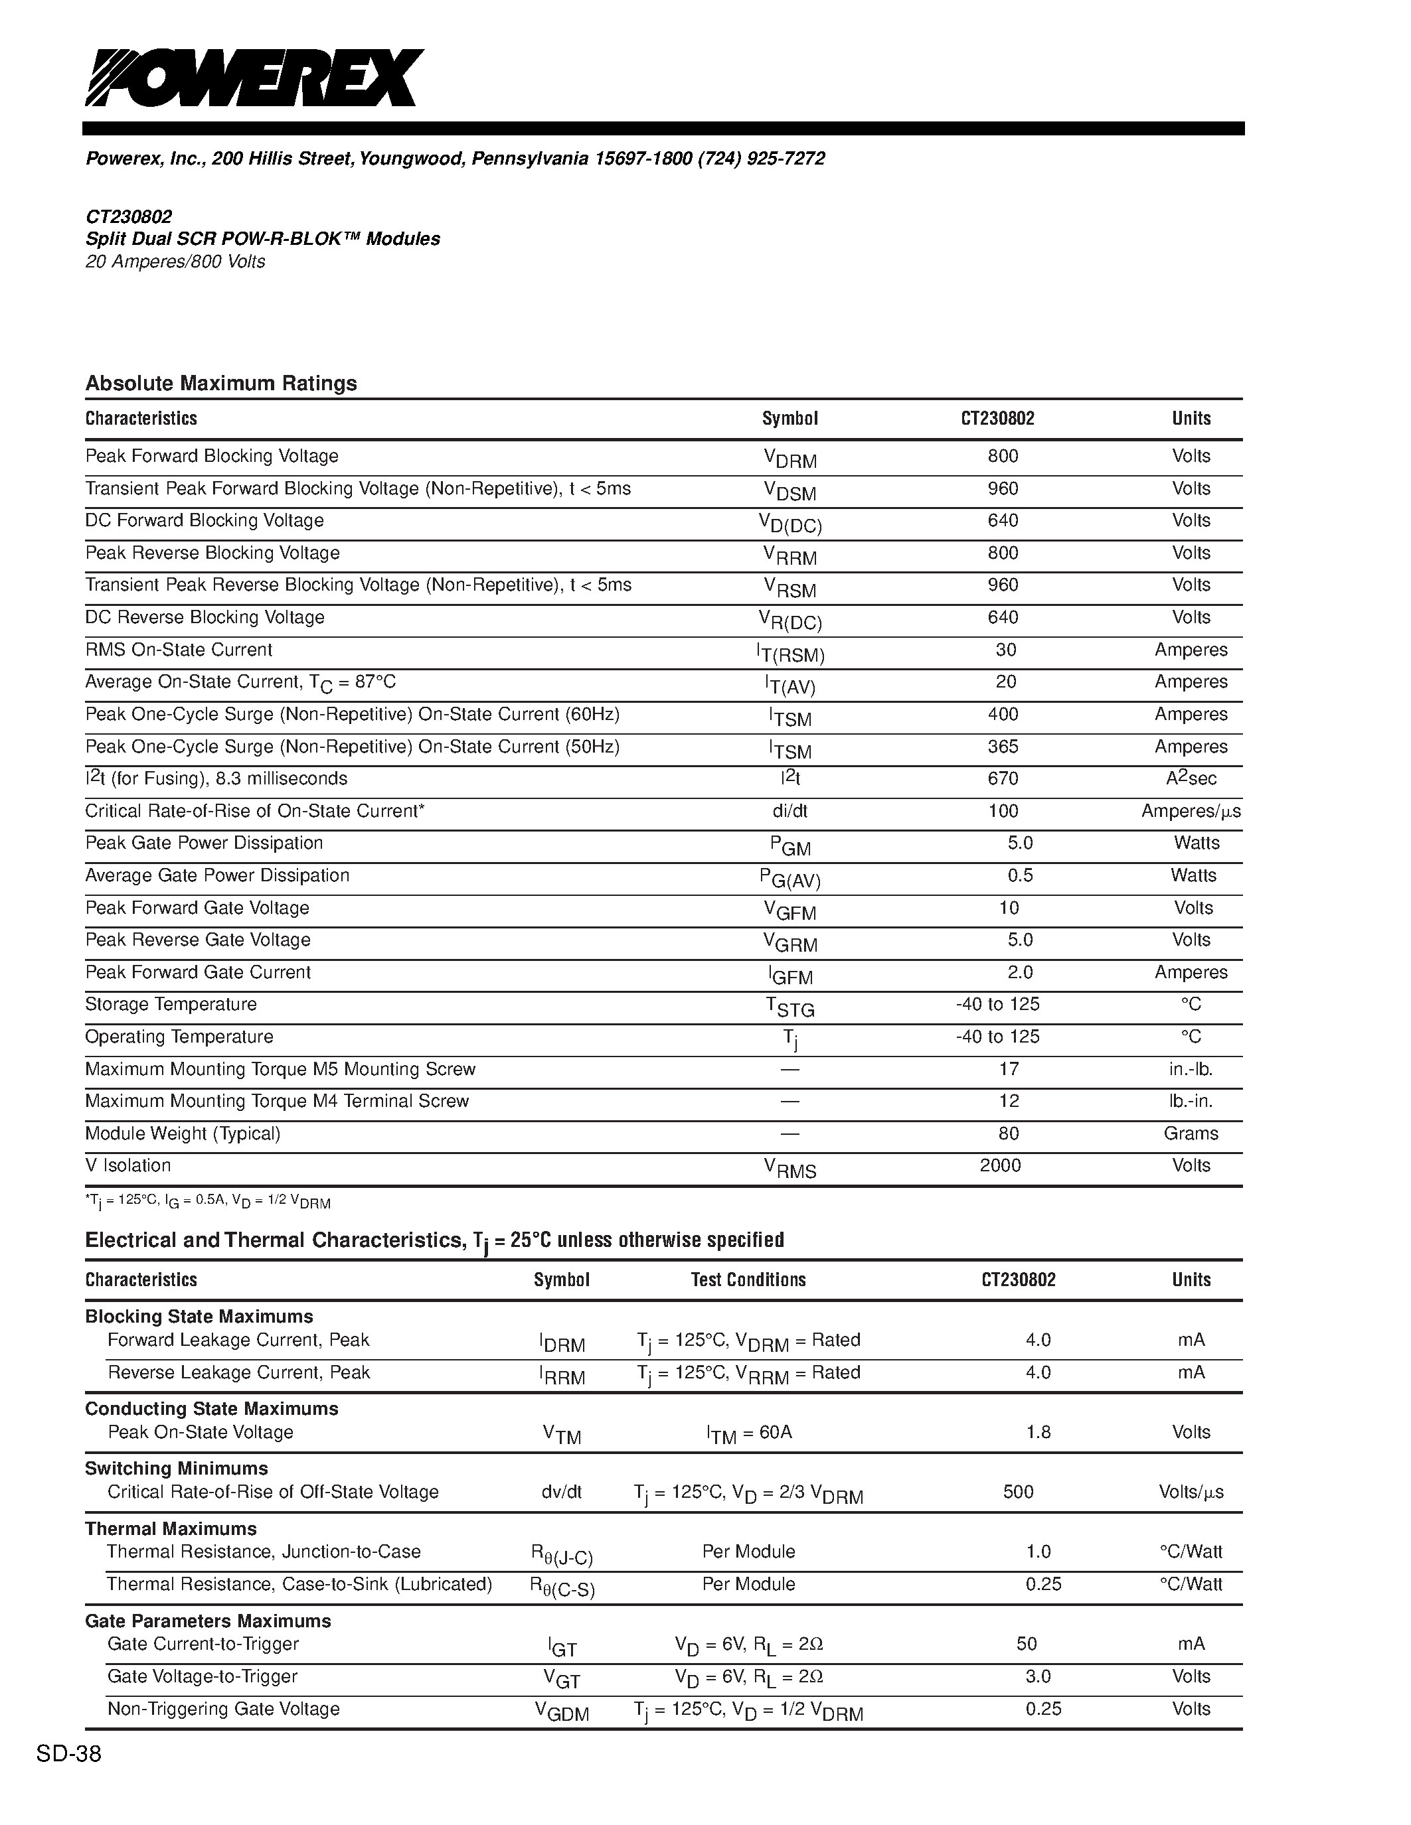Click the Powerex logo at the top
[x=254, y=78]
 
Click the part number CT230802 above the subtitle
[x=129, y=217]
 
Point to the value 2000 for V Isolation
[x=1000, y=1166]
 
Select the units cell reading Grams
[x=1191, y=1134]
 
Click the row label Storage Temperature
[x=171, y=1005]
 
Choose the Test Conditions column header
[x=748, y=1280]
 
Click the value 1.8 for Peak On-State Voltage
[x=1038, y=1432]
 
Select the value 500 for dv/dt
[x=1018, y=1493]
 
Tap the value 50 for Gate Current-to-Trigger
[x=1027, y=1644]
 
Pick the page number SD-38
[x=68, y=1755]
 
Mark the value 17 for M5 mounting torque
[x=1009, y=1070]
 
